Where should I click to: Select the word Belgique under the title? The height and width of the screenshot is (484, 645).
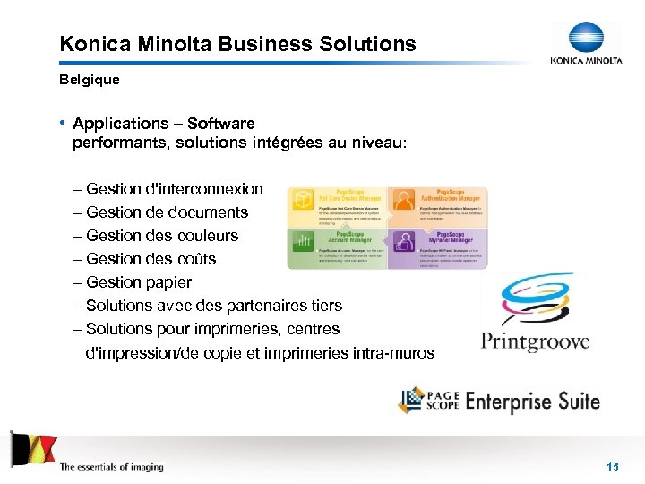point(89,79)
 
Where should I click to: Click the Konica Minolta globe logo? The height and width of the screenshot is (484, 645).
point(586,39)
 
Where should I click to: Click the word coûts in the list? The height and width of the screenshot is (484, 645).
point(193,259)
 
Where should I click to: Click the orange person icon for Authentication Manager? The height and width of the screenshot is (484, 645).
point(404,200)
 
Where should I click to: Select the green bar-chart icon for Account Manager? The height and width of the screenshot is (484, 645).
point(303,243)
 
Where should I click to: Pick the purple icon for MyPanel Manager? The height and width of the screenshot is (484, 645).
point(404,242)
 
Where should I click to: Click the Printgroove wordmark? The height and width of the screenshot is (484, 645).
point(535,341)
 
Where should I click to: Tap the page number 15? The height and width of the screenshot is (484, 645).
point(613,466)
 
